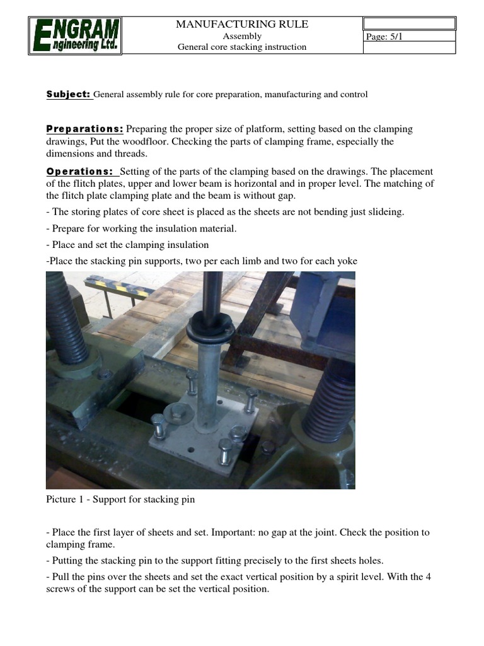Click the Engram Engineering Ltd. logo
click(x=75, y=35)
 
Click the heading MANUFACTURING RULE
click(x=241, y=24)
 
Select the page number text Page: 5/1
click(x=384, y=37)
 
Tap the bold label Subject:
click(x=69, y=94)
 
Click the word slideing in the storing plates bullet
click(x=385, y=212)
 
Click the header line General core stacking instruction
click(x=241, y=47)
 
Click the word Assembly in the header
click(x=242, y=36)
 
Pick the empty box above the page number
click(x=408, y=24)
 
